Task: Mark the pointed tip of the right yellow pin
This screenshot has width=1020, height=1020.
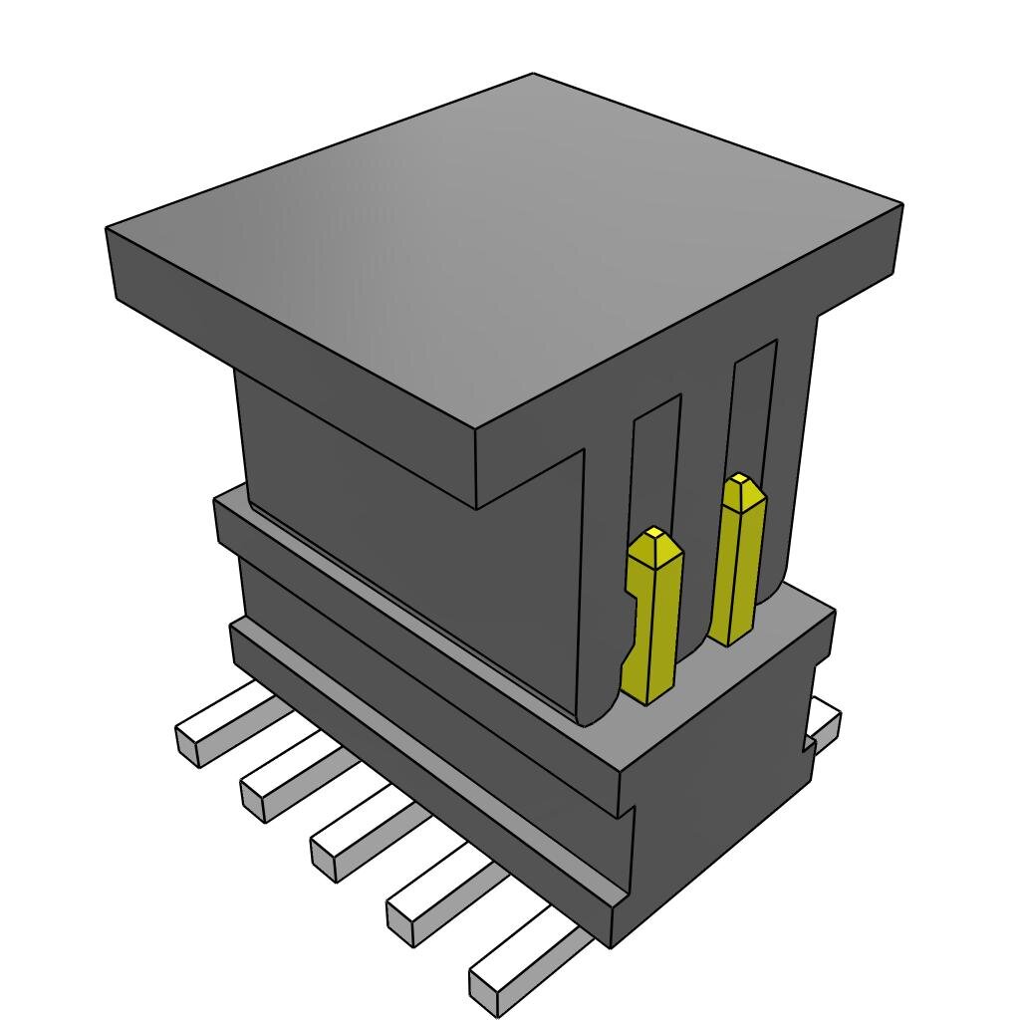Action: pos(739,481)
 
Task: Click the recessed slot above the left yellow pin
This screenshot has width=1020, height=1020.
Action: pos(655,458)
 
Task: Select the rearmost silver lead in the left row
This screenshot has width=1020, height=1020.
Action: pos(214,727)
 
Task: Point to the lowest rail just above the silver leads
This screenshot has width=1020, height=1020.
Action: pos(418,757)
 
